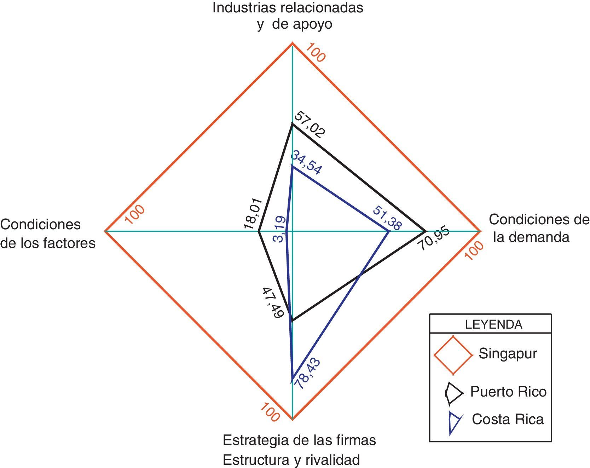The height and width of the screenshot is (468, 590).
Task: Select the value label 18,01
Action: [x=253, y=214]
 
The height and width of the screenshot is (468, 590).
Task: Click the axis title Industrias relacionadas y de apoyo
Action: [x=288, y=16]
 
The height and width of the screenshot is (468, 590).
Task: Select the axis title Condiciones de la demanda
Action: [x=539, y=228]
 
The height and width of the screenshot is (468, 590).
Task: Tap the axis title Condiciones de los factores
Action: [x=48, y=234]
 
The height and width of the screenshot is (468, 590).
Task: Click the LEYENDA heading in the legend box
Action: [x=493, y=324]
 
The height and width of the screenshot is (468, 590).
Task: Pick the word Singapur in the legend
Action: [x=508, y=353]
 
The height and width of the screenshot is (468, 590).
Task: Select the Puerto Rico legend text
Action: [x=508, y=392]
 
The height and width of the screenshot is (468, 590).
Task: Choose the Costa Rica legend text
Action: [x=508, y=419]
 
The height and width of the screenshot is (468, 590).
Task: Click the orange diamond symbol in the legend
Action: [x=453, y=355]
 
